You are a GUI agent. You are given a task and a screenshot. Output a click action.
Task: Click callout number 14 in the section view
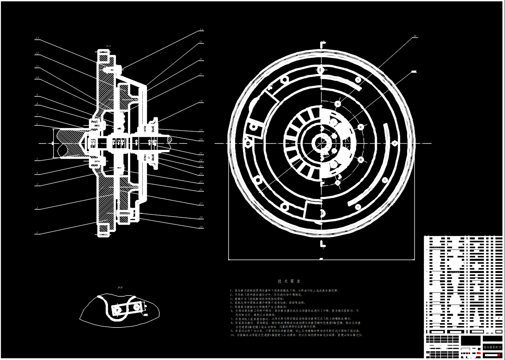coord(201,30)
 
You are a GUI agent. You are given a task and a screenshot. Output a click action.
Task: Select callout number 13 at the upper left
coord(37,39)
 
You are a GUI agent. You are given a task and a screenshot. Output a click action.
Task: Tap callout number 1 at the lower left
coord(37,232)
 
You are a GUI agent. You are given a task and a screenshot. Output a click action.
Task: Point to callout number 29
coord(201,227)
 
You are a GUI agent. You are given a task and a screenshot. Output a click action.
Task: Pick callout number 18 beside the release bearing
coord(201,101)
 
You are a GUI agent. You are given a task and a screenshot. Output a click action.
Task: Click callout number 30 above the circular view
coord(415,37)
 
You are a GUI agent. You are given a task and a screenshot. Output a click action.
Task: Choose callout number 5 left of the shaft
coord(37,159)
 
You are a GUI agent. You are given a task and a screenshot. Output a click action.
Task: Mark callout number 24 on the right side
coord(201,173)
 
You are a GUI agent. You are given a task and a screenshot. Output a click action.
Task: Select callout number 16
coord(201,59)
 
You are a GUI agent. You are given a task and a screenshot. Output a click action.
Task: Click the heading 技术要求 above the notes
coord(289,281)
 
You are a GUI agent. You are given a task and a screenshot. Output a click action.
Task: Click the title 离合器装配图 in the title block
coord(492,347)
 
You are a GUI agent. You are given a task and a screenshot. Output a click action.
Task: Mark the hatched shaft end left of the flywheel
coord(67,143)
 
